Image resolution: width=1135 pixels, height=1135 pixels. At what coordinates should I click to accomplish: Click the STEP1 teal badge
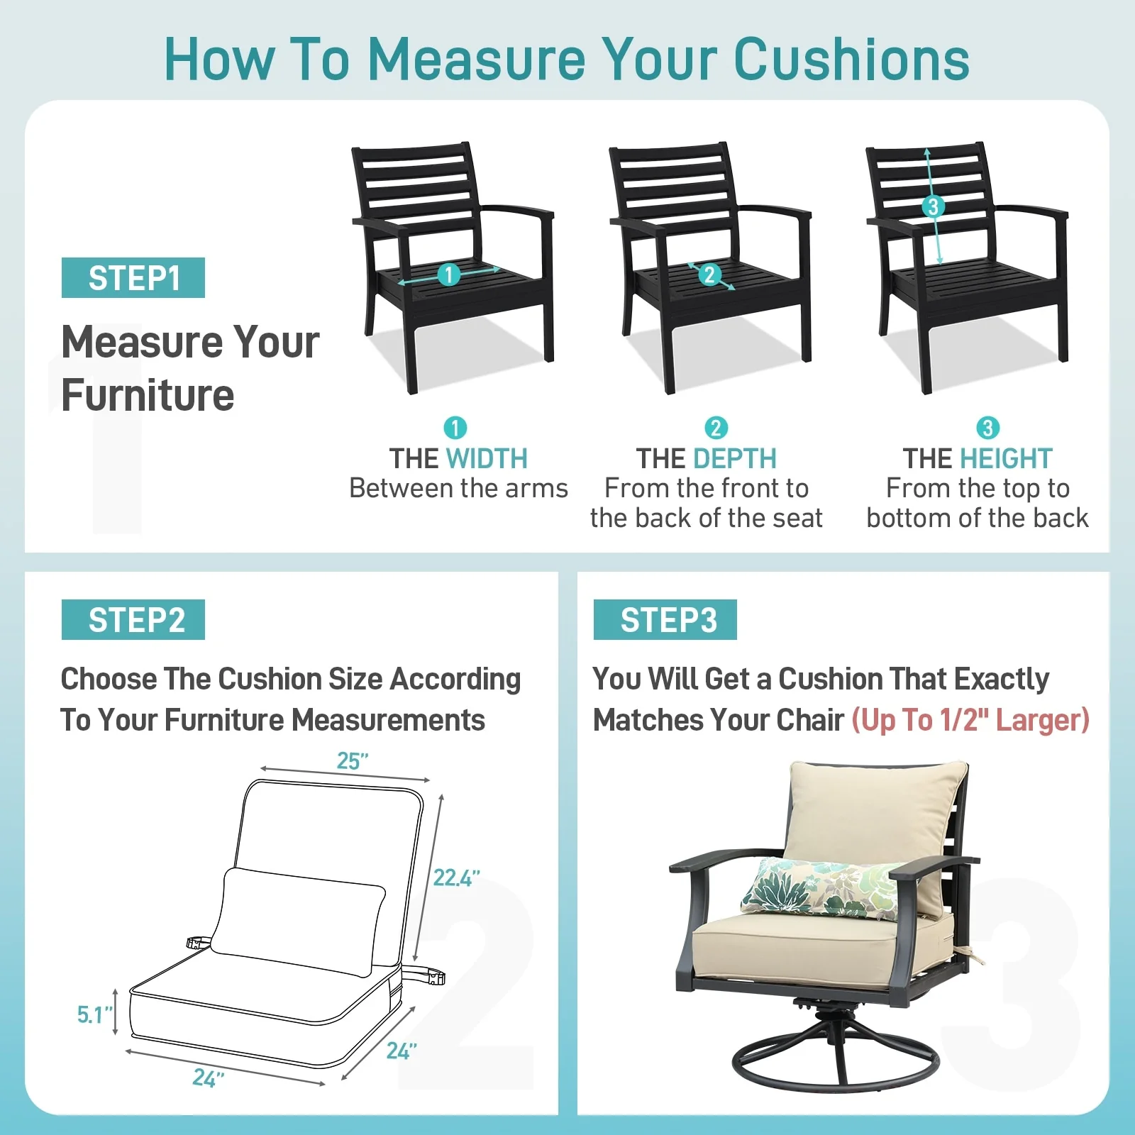pos(133,277)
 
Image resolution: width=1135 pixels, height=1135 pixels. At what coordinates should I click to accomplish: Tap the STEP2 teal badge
pos(133,619)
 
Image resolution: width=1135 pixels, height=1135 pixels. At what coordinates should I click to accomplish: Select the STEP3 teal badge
pos(665,619)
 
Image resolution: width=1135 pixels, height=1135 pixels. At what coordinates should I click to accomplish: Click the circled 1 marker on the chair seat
pos(448,275)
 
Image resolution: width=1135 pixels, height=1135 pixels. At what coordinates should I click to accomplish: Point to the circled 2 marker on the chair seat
pos(709,275)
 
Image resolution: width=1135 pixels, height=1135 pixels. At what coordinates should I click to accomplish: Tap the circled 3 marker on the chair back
pos(934,206)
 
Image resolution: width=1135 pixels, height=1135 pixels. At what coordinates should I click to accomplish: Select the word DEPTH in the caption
pos(741,459)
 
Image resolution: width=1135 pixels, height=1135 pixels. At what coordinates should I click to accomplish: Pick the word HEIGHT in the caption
pos(1006,459)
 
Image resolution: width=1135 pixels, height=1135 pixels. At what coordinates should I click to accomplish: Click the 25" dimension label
pos(353,761)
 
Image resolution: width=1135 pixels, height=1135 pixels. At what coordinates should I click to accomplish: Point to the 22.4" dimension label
pos(456,878)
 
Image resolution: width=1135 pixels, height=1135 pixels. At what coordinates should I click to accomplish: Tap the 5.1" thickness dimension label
pos(95,1015)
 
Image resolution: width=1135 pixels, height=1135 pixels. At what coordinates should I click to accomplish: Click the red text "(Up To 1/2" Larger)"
pos(970,720)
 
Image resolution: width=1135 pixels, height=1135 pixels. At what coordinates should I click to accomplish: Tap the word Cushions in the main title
pos(851,58)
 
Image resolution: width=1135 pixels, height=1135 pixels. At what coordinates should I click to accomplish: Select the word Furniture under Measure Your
pos(148,395)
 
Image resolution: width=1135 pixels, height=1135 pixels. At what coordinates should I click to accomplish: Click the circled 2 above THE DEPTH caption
pos(716,428)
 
